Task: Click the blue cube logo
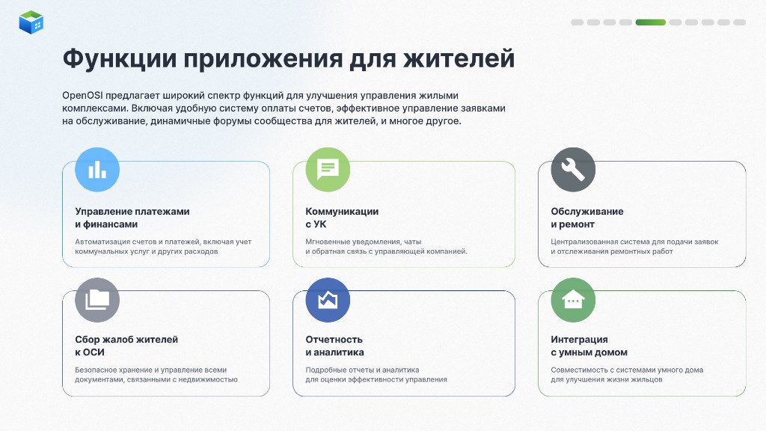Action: click(31, 22)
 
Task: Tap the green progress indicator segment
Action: click(650, 22)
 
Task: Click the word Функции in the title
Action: click(120, 59)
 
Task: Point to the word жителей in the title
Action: click(459, 58)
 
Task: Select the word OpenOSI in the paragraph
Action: click(82, 95)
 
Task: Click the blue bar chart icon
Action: click(97, 170)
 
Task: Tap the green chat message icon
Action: click(328, 170)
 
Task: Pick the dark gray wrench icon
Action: click(573, 170)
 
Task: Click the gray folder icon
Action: click(97, 300)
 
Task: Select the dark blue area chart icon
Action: click(328, 300)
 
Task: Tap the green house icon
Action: click(573, 300)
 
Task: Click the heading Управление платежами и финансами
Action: click(132, 218)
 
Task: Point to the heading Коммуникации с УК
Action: click(342, 218)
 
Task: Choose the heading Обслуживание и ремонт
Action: click(587, 218)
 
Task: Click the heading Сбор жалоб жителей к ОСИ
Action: click(126, 346)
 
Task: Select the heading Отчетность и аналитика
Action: click(334, 346)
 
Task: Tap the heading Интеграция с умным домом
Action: click(589, 346)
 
